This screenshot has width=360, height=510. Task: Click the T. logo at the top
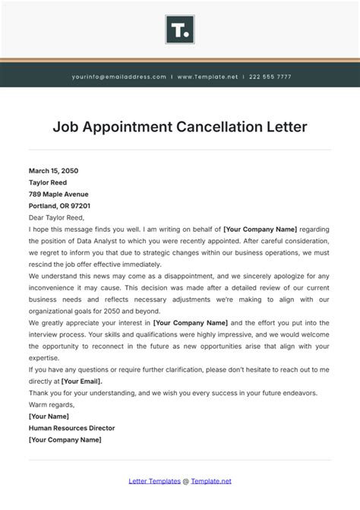[180, 30]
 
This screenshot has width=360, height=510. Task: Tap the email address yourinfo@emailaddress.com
[118, 77]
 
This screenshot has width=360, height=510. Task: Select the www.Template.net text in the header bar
[207, 77]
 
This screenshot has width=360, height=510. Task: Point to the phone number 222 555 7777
[270, 77]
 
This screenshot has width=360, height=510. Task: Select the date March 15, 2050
[53, 171]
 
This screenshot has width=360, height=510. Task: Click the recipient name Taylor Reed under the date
[49, 182]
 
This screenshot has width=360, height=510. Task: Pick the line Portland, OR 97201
[59, 205]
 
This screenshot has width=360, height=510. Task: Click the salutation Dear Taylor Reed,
[57, 217]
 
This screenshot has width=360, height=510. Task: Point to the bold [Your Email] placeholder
[81, 381]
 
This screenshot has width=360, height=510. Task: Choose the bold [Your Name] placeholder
[49, 416]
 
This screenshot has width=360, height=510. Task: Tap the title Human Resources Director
[73, 427]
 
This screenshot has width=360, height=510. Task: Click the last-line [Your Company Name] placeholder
[65, 439]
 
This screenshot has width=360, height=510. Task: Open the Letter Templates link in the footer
[155, 481]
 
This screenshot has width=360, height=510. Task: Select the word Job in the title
[66, 126]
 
